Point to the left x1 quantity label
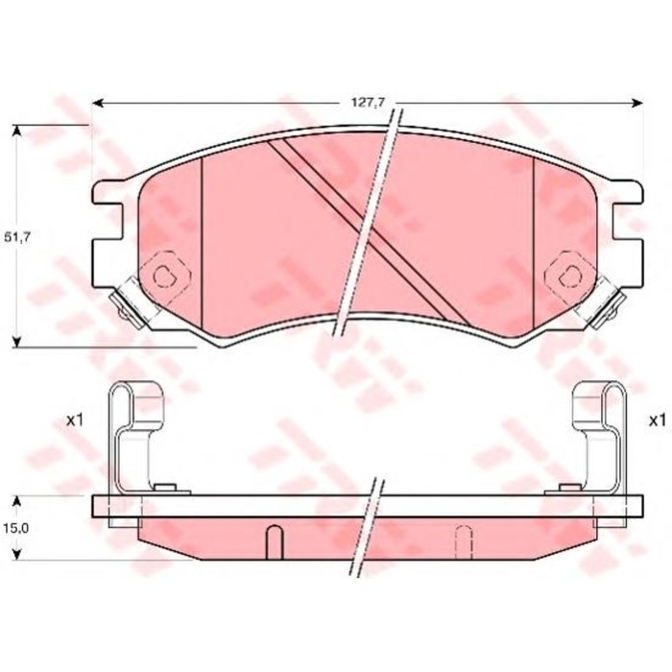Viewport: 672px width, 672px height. (76, 420)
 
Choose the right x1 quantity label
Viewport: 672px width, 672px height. (657, 420)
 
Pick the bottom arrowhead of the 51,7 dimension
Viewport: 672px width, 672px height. (17, 340)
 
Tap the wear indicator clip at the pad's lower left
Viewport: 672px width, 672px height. (124, 306)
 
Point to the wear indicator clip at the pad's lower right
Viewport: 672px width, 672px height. (607, 306)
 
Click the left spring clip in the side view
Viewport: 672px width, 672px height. (132, 432)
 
